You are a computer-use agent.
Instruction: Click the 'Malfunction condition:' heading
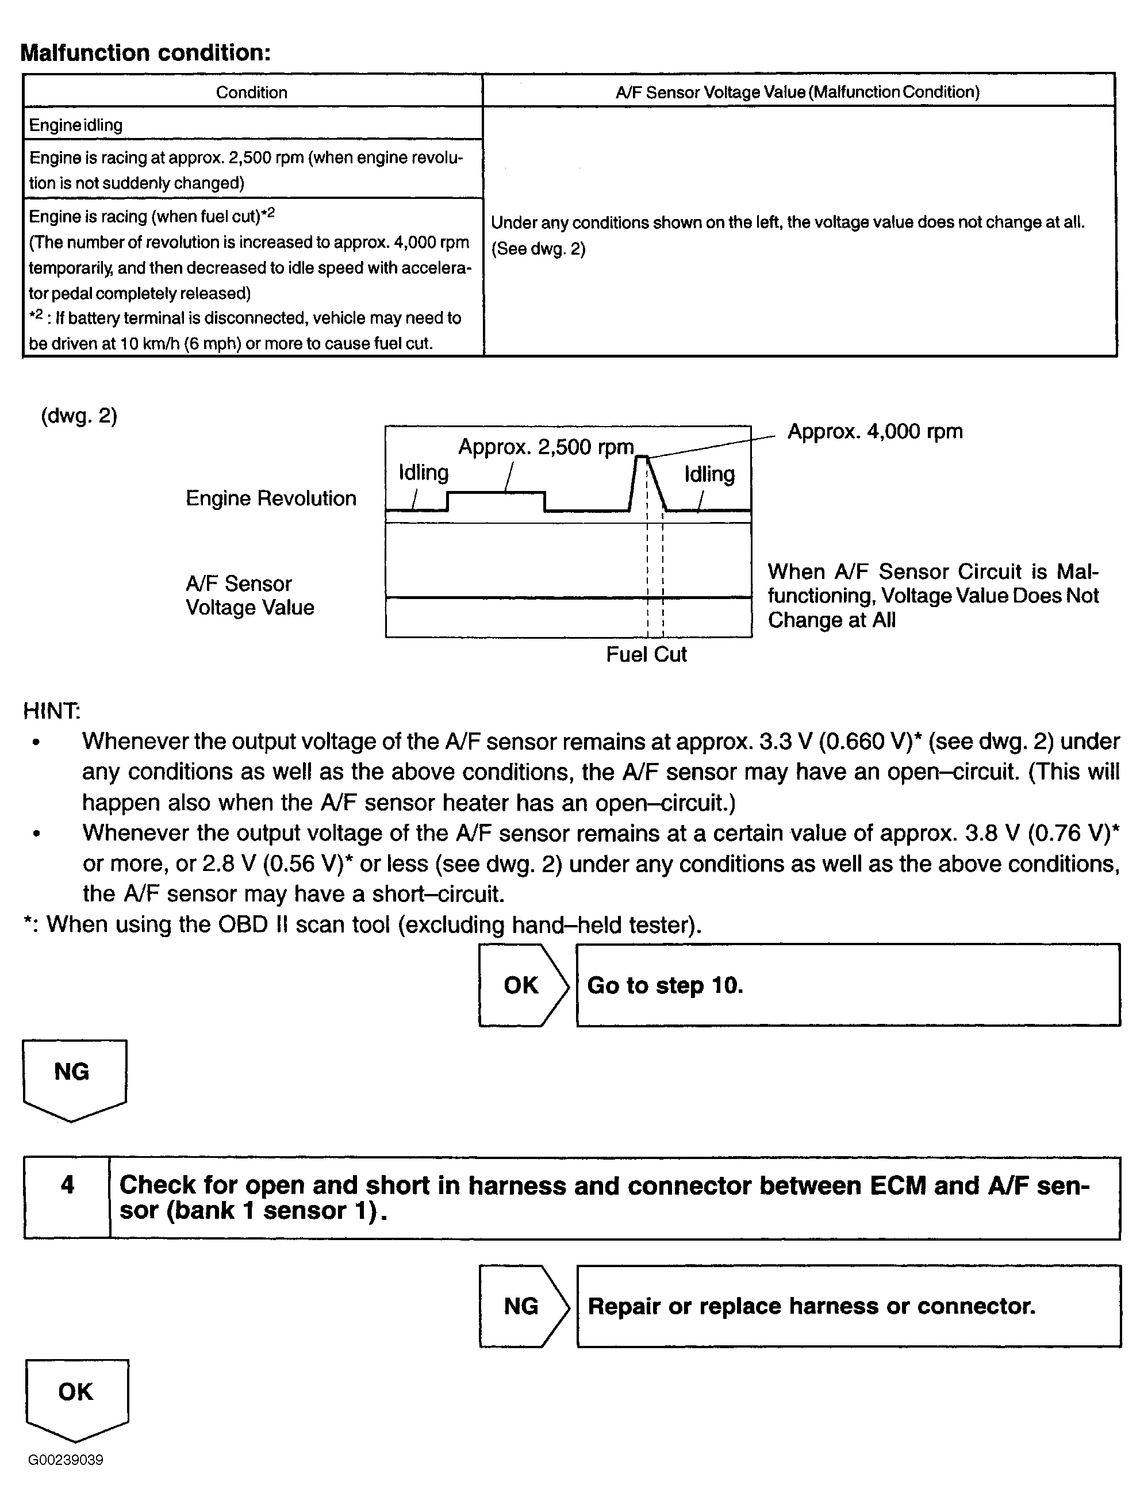[x=145, y=52]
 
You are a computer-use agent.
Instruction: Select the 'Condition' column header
[x=252, y=92]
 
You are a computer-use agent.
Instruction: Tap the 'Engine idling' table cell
[x=76, y=125]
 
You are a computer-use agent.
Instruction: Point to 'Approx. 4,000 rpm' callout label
[x=875, y=432]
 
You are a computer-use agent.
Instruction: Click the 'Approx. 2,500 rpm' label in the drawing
[x=546, y=447]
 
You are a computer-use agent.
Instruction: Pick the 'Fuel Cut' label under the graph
[x=646, y=654]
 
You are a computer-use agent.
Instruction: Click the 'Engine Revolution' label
[x=271, y=498]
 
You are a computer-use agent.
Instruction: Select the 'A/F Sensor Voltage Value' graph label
[x=249, y=596]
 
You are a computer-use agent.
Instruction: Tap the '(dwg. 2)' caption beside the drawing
[x=79, y=416]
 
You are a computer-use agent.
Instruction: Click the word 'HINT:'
[x=52, y=711]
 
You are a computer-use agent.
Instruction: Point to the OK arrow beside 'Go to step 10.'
[x=522, y=985]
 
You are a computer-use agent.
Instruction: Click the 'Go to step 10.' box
[x=847, y=985]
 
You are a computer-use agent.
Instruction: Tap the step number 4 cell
[x=67, y=1198]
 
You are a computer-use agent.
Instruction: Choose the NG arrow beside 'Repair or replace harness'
[x=522, y=1306]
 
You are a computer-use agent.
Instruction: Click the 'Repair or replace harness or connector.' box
[x=848, y=1306]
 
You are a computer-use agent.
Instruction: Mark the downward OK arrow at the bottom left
[x=76, y=1398]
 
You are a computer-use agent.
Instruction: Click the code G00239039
[x=66, y=1460]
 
